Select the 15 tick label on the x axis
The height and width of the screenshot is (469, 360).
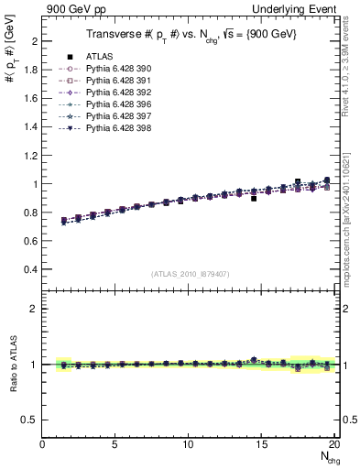pyautogui.click(x=262, y=444)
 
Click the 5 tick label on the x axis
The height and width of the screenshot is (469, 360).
pyautogui.click(x=115, y=444)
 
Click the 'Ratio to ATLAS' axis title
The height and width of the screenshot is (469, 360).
pyautogui.click(x=12, y=365)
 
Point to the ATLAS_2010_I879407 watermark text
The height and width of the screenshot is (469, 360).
pyautogui.click(x=190, y=273)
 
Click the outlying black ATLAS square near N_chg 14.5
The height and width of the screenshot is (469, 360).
pyautogui.click(x=254, y=198)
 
